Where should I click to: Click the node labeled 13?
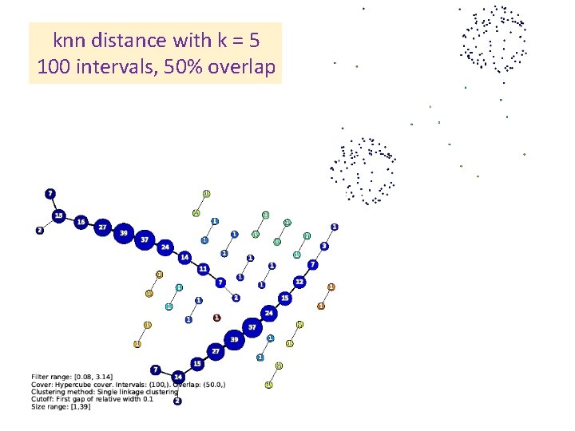click(58, 216)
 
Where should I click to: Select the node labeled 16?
click(81, 222)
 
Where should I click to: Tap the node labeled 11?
click(204, 268)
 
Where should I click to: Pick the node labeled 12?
click(299, 282)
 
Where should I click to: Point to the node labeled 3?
click(324, 246)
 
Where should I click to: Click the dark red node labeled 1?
click(216, 317)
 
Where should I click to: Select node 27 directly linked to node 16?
click(102, 227)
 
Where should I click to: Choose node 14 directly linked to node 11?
click(184, 257)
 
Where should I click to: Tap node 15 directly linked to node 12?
click(284, 298)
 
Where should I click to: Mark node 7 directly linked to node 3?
click(313, 264)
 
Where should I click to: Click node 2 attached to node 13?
click(40, 231)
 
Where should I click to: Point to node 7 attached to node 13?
click(50, 194)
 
